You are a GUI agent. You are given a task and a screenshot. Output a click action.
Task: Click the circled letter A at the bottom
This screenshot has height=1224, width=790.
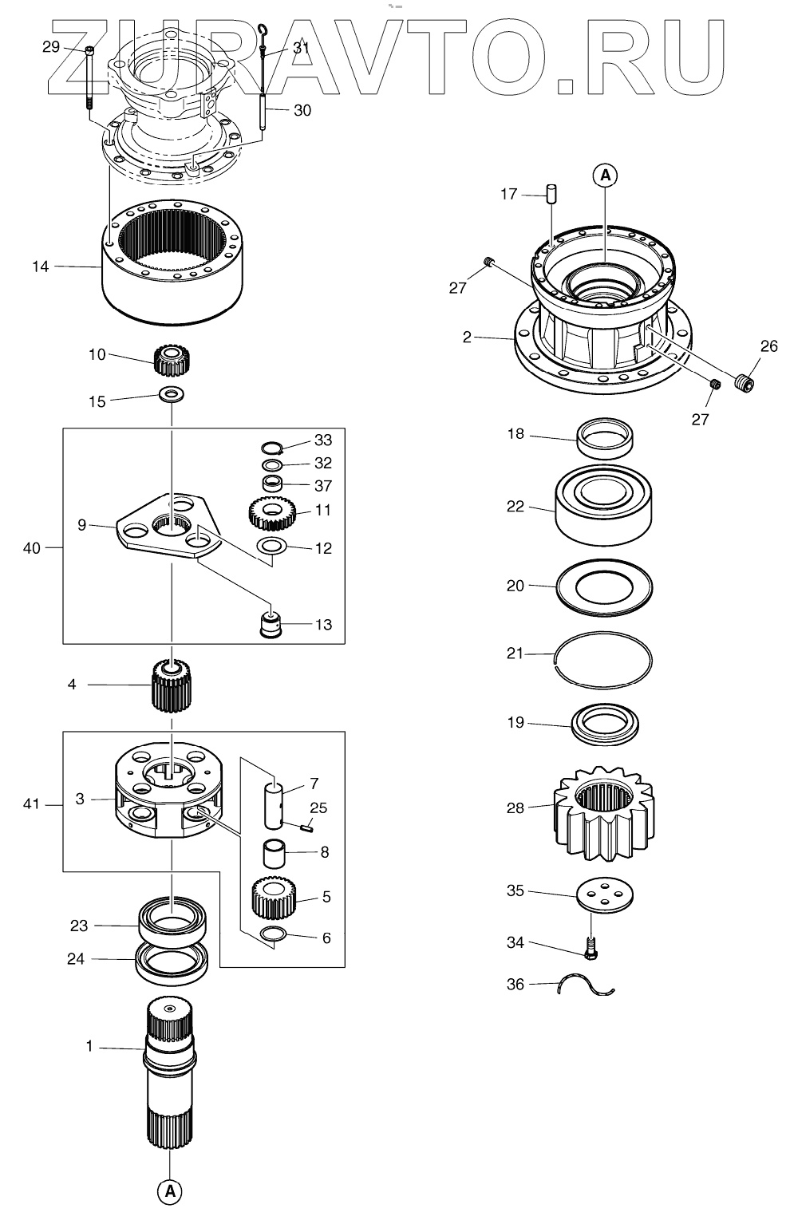[169, 1191]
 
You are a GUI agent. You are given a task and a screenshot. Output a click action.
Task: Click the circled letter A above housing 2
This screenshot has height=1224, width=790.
[604, 175]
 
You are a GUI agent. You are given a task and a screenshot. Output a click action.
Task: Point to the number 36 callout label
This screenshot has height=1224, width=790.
[515, 985]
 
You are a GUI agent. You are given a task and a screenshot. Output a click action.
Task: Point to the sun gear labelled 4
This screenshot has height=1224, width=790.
[171, 685]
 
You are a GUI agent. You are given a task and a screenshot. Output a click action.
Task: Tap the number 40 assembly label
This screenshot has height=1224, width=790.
[32, 547]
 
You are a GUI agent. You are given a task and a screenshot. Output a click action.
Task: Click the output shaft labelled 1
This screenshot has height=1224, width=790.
[169, 1077]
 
